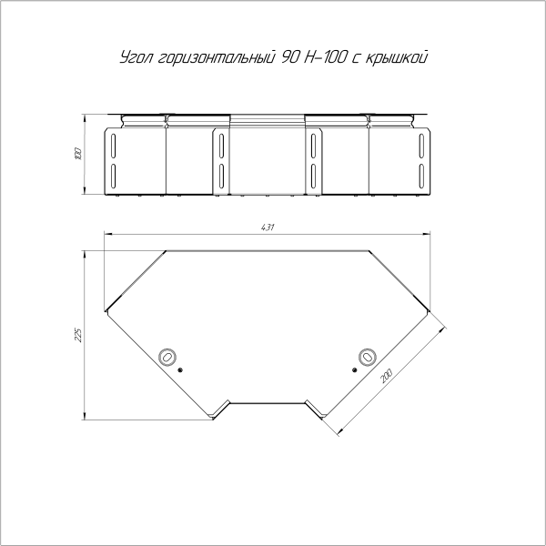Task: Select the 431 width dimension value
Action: [268, 227]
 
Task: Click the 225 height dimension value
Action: [78, 335]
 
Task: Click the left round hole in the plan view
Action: [167, 357]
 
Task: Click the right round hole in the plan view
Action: [367, 357]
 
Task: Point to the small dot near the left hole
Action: [181, 370]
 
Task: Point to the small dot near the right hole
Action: [353, 370]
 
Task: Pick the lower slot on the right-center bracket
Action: [313, 173]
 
